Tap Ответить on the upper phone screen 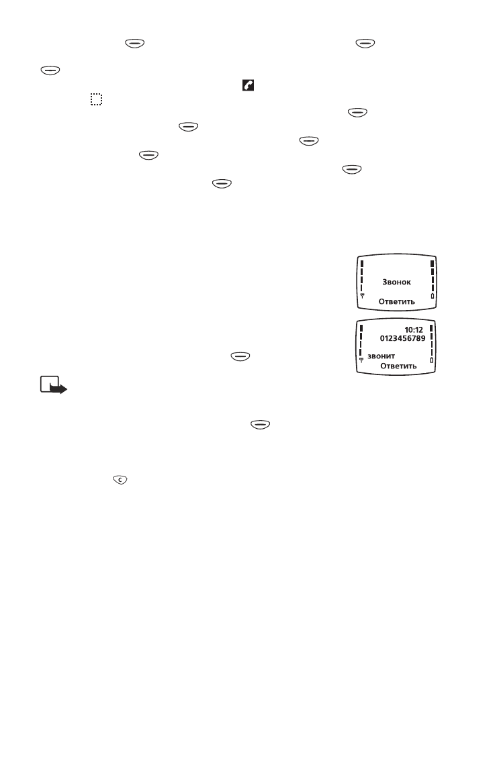tap(396, 301)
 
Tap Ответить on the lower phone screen tap(398, 366)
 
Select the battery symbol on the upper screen tap(432, 296)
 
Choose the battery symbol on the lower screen tap(431, 361)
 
